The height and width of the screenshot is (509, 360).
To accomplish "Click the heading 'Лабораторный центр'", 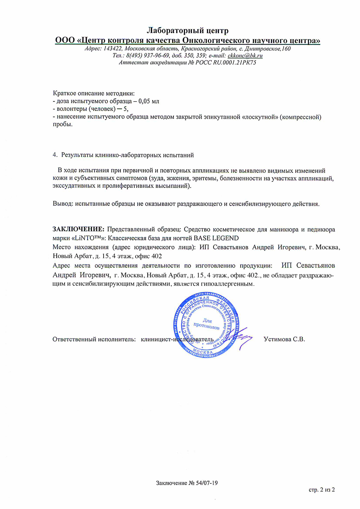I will tap(187, 31).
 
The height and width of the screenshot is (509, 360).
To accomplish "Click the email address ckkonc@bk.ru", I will tap(245, 56).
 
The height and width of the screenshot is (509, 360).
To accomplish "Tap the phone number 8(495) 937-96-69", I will tap(148, 56).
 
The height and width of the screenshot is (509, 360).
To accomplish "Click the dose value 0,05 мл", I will tap(149, 101).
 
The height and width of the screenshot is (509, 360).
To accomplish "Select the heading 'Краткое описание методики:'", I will tap(94, 93).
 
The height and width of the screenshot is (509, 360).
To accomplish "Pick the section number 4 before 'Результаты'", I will tap(55, 155).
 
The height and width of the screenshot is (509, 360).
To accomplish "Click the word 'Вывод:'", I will tap(63, 204).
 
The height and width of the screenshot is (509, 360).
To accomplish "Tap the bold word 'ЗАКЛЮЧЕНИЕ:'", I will tap(78, 229).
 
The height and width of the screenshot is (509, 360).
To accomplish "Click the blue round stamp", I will tap(206, 324).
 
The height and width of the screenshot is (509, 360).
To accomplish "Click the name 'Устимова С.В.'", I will tap(284, 339).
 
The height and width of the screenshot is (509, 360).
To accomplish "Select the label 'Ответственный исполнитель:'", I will tap(94, 339).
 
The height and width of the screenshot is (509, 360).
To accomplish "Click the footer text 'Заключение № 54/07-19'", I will tap(187, 483).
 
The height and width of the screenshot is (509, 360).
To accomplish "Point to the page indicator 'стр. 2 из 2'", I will tap(321, 490).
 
